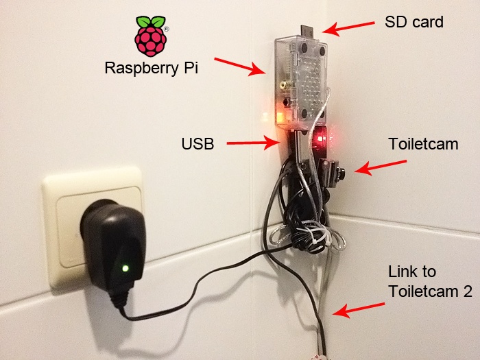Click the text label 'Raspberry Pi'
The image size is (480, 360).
(147, 69)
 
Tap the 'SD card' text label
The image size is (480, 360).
(413, 22)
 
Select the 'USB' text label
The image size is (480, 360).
(197, 144)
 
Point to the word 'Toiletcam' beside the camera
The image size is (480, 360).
(423, 145)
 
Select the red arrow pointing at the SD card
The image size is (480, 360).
(348, 28)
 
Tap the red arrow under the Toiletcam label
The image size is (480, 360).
(383, 167)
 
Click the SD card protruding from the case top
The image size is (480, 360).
(307, 31)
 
